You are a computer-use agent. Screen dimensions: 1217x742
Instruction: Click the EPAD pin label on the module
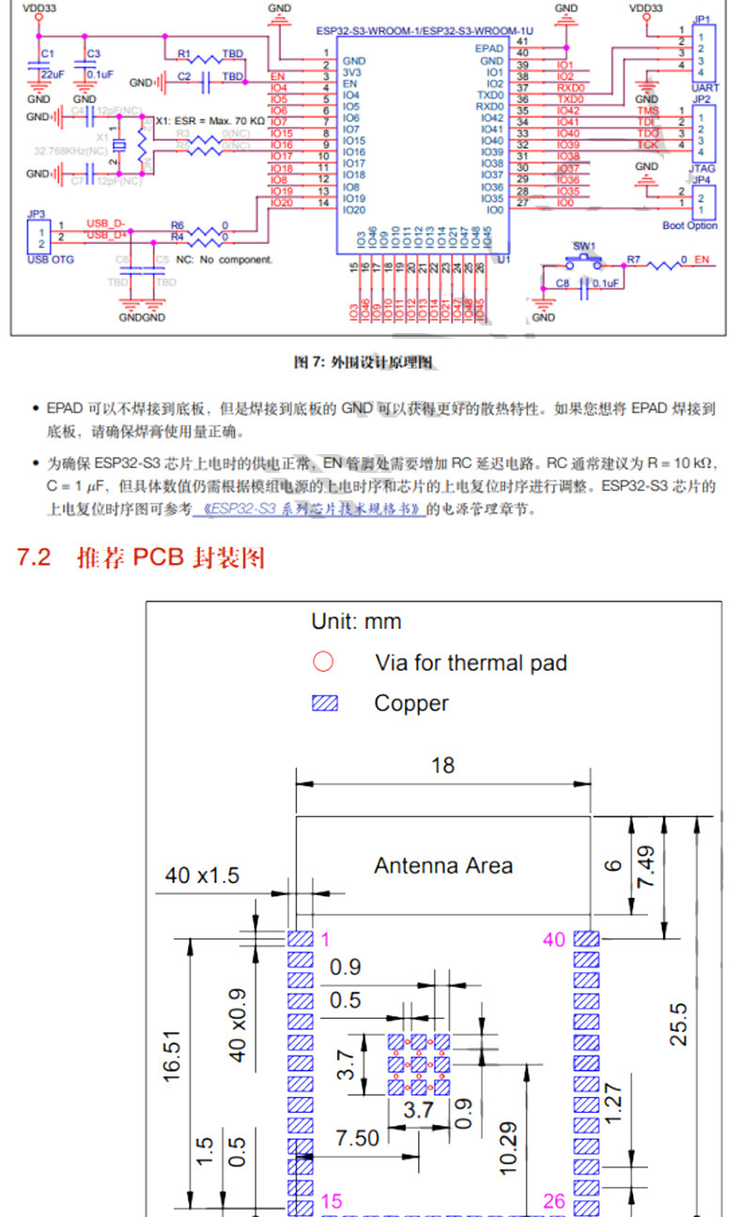click(489, 48)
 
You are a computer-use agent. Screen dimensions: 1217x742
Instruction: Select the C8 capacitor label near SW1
click(563, 282)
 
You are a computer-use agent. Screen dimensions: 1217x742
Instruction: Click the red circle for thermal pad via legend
click(323, 662)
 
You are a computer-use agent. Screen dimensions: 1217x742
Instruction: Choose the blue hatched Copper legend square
click(324, 703)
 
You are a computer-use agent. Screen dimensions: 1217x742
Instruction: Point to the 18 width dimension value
click(442, 766)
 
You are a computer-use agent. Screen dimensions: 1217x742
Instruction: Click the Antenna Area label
click(443, 865)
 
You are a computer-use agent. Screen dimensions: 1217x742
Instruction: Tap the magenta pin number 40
click(554, 939)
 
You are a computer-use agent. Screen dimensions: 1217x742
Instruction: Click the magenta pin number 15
click(331, 1201)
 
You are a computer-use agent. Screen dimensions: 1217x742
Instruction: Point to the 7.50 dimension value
click(358, 1138)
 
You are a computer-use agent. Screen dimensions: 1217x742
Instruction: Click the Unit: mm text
click(356, 621)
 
